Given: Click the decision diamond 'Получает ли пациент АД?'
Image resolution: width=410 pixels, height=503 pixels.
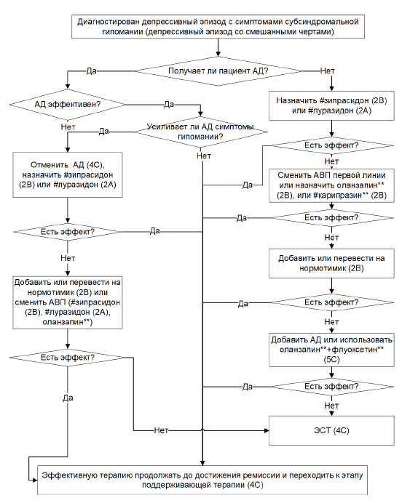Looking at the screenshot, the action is pyautogui.click(x=218, y=71).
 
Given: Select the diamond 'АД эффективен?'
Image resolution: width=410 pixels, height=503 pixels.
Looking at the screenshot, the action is pyautogui.click(x=68, y=104).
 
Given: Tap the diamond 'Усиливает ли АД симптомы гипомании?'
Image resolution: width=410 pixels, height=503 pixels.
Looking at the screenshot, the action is pyautogui.click(x=200, y=132).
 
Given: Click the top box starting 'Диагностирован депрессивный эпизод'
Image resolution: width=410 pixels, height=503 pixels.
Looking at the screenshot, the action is pyautogui.click(x=218, y=27).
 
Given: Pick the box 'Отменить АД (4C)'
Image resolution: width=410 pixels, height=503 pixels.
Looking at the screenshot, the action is pyautogui.click(x=68, y=175).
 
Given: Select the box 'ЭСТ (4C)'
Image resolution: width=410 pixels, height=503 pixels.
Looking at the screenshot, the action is pyautogui.click(x=331, y=430).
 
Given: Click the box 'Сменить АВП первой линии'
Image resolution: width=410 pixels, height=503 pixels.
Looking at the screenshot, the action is pyautogui.click(x=331, y=185).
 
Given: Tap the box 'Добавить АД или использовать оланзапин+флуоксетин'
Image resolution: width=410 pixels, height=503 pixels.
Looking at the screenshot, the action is pyautogui.click(x=331, y=350).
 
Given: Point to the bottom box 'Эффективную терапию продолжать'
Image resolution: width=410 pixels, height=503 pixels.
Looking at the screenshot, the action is pyautogui.click(x=202, y=480).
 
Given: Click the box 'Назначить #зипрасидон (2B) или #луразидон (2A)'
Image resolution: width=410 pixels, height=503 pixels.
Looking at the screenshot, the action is pyautogui.click(x=331, y=105).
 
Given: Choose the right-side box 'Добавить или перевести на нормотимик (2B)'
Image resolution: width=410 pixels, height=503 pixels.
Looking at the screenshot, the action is pyautogui.click(x=331, y=263).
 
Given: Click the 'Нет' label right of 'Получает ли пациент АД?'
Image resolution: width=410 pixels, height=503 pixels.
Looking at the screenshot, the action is pyautogui.click(x=328, y=71).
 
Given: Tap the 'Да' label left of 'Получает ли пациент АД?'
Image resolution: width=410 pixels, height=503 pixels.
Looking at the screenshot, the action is pyautogui.click(x=91, y=71).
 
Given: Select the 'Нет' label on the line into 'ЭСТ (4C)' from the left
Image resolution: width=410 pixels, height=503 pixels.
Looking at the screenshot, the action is pyautogui.click(x=161, y=430).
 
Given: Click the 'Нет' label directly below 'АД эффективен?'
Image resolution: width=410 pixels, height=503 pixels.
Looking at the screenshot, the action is pyautogui.click(x=68, y=126).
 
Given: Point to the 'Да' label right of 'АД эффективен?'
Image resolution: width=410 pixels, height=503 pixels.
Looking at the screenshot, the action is pyautogui.click(x=169, y=104).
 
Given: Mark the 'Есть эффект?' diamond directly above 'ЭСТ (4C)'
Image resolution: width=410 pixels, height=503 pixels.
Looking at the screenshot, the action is pyautogui.click(x=331, y=387).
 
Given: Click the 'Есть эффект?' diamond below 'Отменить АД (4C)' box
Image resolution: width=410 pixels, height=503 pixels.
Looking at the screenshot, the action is pyautogui.click(x=68, y=232).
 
